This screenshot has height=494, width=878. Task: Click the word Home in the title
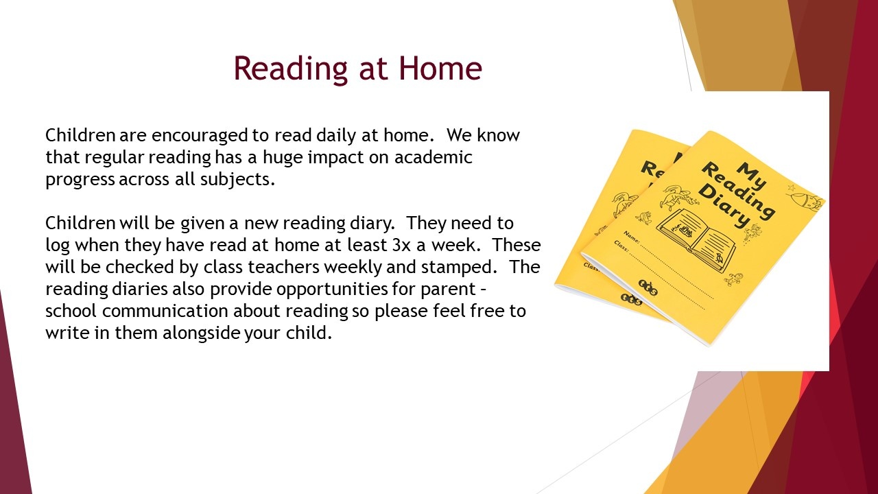click(x=440, y=68)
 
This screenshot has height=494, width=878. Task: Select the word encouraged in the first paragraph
click(x=200, y=136)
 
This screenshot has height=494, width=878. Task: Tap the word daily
click(x=336, y=136)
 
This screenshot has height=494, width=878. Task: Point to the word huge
click(x=283, y=158)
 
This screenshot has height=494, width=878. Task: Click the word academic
click(x=433, y=157)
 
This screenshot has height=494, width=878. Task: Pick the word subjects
click(x=237, y=180)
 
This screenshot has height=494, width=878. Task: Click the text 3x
click(x=401, y=245)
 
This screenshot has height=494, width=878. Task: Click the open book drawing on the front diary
click(x=696, y=239)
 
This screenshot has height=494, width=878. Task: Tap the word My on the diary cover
click(x=751, y=175)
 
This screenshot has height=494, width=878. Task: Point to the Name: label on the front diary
click(x=632, y=237)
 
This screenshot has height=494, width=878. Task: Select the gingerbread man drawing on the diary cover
click(x=733, y=279)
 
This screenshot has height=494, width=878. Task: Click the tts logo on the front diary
click(x=648, y=287)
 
